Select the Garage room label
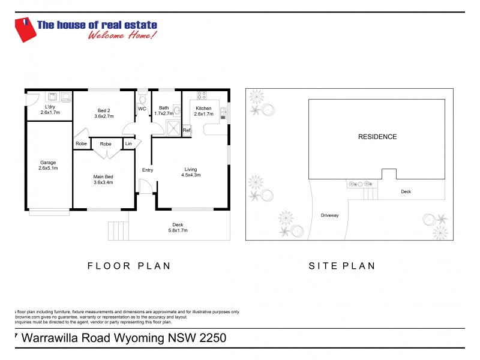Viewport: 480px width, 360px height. click(x=48, y=164)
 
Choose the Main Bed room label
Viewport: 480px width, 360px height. click(x=104, y=179)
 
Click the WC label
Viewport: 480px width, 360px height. click(x=142, y=109)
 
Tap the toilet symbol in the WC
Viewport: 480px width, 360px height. click(x=142, y=97)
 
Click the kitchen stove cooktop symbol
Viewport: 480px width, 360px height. click(x=202, y=95)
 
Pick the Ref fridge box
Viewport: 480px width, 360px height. click(x=187, y=130)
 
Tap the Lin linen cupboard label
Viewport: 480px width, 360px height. click(x=128, y=144)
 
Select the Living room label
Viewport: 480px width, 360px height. click(x=190, y=172)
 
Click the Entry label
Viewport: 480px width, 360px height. click(x=148, y=170)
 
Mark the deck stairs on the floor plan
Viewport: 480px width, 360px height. click(x=119, y=230)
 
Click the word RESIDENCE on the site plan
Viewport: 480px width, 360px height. click(x=377, y=137)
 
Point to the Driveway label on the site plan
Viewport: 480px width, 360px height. click(x=330, y=215)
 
